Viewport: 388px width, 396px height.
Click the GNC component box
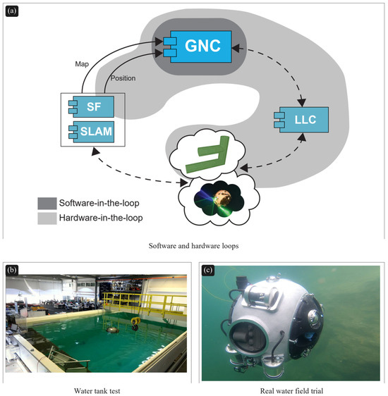click(x=198, y=47)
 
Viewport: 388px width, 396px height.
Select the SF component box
click(x=92, y=106)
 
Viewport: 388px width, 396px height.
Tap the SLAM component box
click(x=92, y=132)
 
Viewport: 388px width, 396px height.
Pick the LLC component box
click(x=301, y=120)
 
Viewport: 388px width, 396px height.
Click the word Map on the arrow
click(x=82, y=64)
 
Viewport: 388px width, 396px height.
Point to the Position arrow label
click(x=123, y=78)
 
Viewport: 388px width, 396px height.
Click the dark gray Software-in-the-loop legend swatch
click(x=47, y=204)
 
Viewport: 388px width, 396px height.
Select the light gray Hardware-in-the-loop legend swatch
click(x=47, y=218)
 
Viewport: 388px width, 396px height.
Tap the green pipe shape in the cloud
click(x=208, y=154)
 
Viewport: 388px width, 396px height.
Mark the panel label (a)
click(x=12, y=11)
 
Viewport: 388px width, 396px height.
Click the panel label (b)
click(x=12, y=270)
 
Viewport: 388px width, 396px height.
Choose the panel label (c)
click(x=208, y=271)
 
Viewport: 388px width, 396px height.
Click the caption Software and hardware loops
click(x=193, y=246)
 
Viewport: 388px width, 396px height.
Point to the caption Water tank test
click(x=97, y=391)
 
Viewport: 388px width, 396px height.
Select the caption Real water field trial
click(x=291, y=391)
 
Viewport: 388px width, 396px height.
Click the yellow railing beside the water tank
click(x=144, y=304)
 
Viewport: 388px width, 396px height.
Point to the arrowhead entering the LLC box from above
click(x=301, y=103)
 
